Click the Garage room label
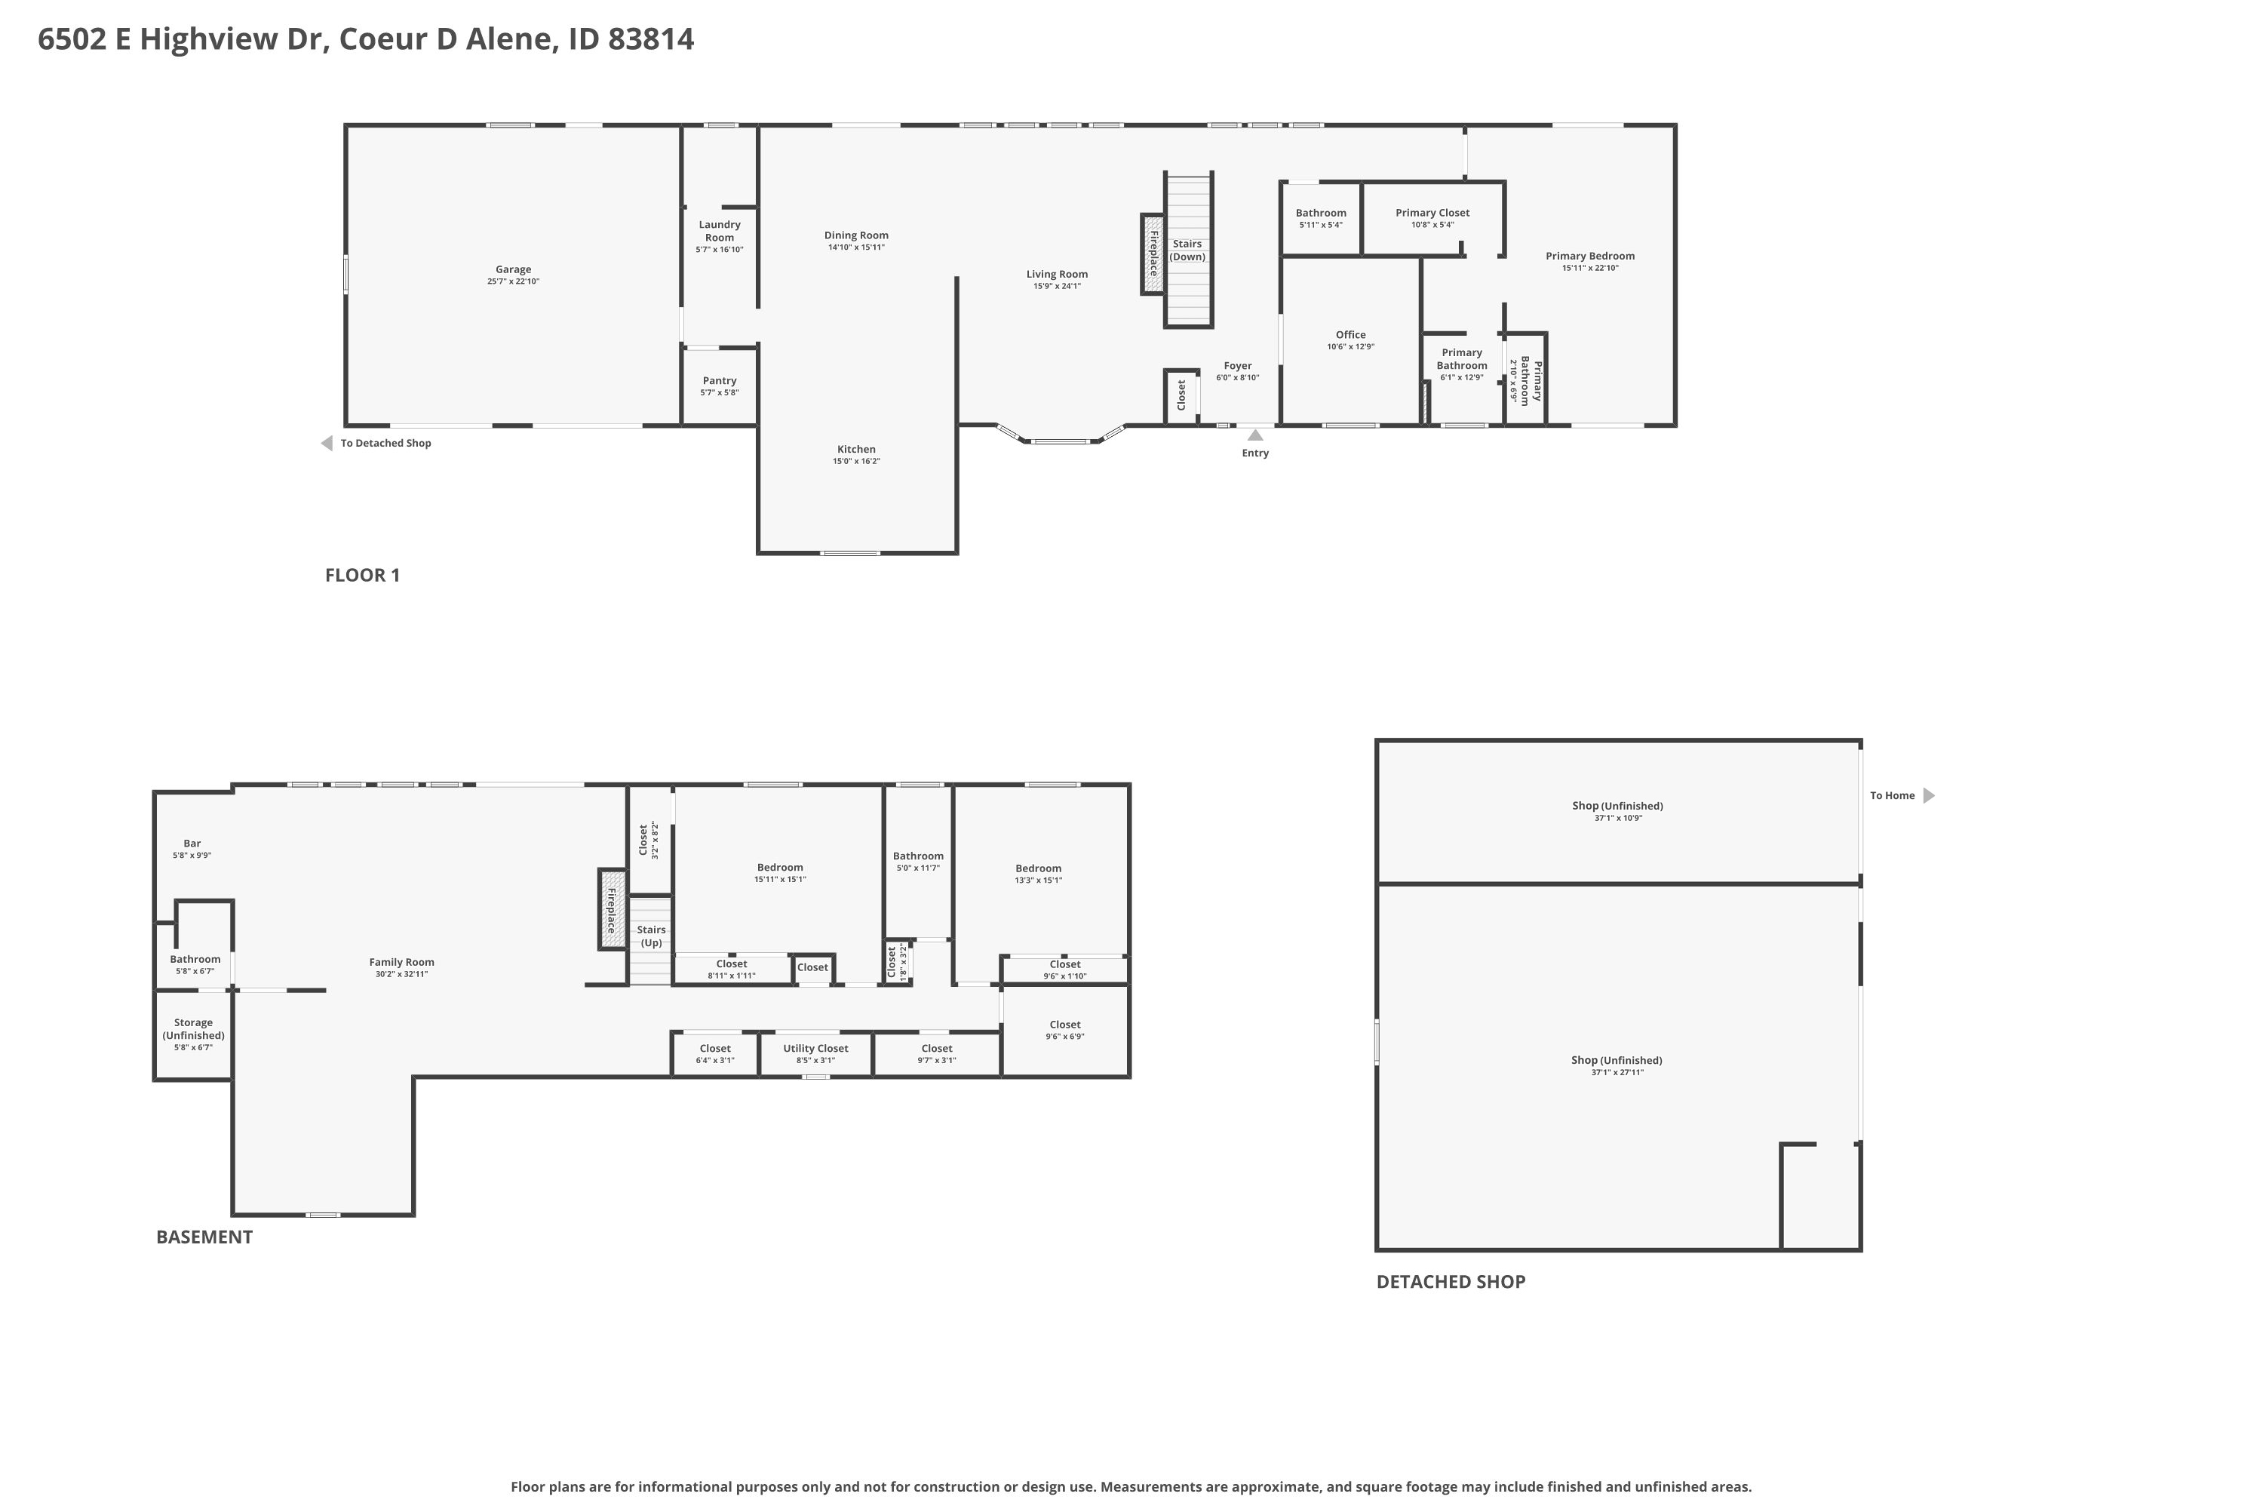pyautogui.click(x=513, y=269)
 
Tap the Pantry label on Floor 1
pyautogui.click(x=720, y=381)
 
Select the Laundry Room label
pyautogui.click(x=720, y=231)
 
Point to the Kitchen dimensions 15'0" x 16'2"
pyautogui.click(x=856, y=461)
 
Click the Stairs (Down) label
pyautogui.click(x=1187, y=250)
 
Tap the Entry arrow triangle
pyautogui.click(x=1256, y=435)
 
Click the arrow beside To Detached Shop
pyautogui.click(x=326, y=444)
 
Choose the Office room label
pyautogui.click(x=1351, y=335)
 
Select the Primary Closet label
pyautogui.click(x=1432, y=213)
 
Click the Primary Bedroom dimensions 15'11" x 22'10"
pyautogui.click(x=1590, y=268)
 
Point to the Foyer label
pyautogui.click(x=1237, y=366)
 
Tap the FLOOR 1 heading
pyautogui.click(x=363, y=576)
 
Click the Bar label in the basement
pyautogui.click(x=192, y=843)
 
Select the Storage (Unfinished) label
pyautogui.click(x=193, y=1029)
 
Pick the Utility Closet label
pyautogui.click(x=816, y=1048)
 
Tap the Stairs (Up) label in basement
pyautogui.click(x=652, y=936)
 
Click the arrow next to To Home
pyautogui.click(x=1928, y=796)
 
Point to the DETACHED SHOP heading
pyautogui.click(x=1451, y=1282)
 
